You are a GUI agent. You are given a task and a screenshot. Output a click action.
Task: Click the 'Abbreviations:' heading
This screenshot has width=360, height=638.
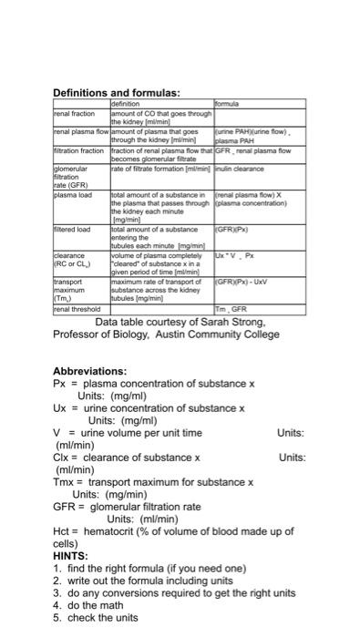[89, 371]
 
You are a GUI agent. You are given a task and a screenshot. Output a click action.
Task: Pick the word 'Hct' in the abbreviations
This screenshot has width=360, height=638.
[62, 530]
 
